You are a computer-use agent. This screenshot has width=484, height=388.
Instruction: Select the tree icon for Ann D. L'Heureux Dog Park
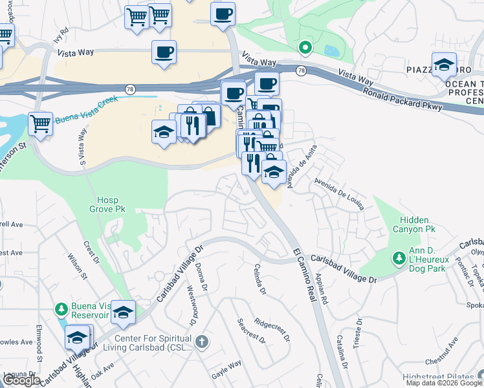(399, 258)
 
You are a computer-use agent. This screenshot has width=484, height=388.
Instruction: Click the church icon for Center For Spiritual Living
(202, 341)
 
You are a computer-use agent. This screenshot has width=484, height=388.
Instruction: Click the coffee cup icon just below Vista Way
(164, 51)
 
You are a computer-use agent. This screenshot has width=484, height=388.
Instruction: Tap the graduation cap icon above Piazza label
(443, 64)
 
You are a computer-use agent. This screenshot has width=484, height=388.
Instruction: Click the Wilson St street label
(78, 266)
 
